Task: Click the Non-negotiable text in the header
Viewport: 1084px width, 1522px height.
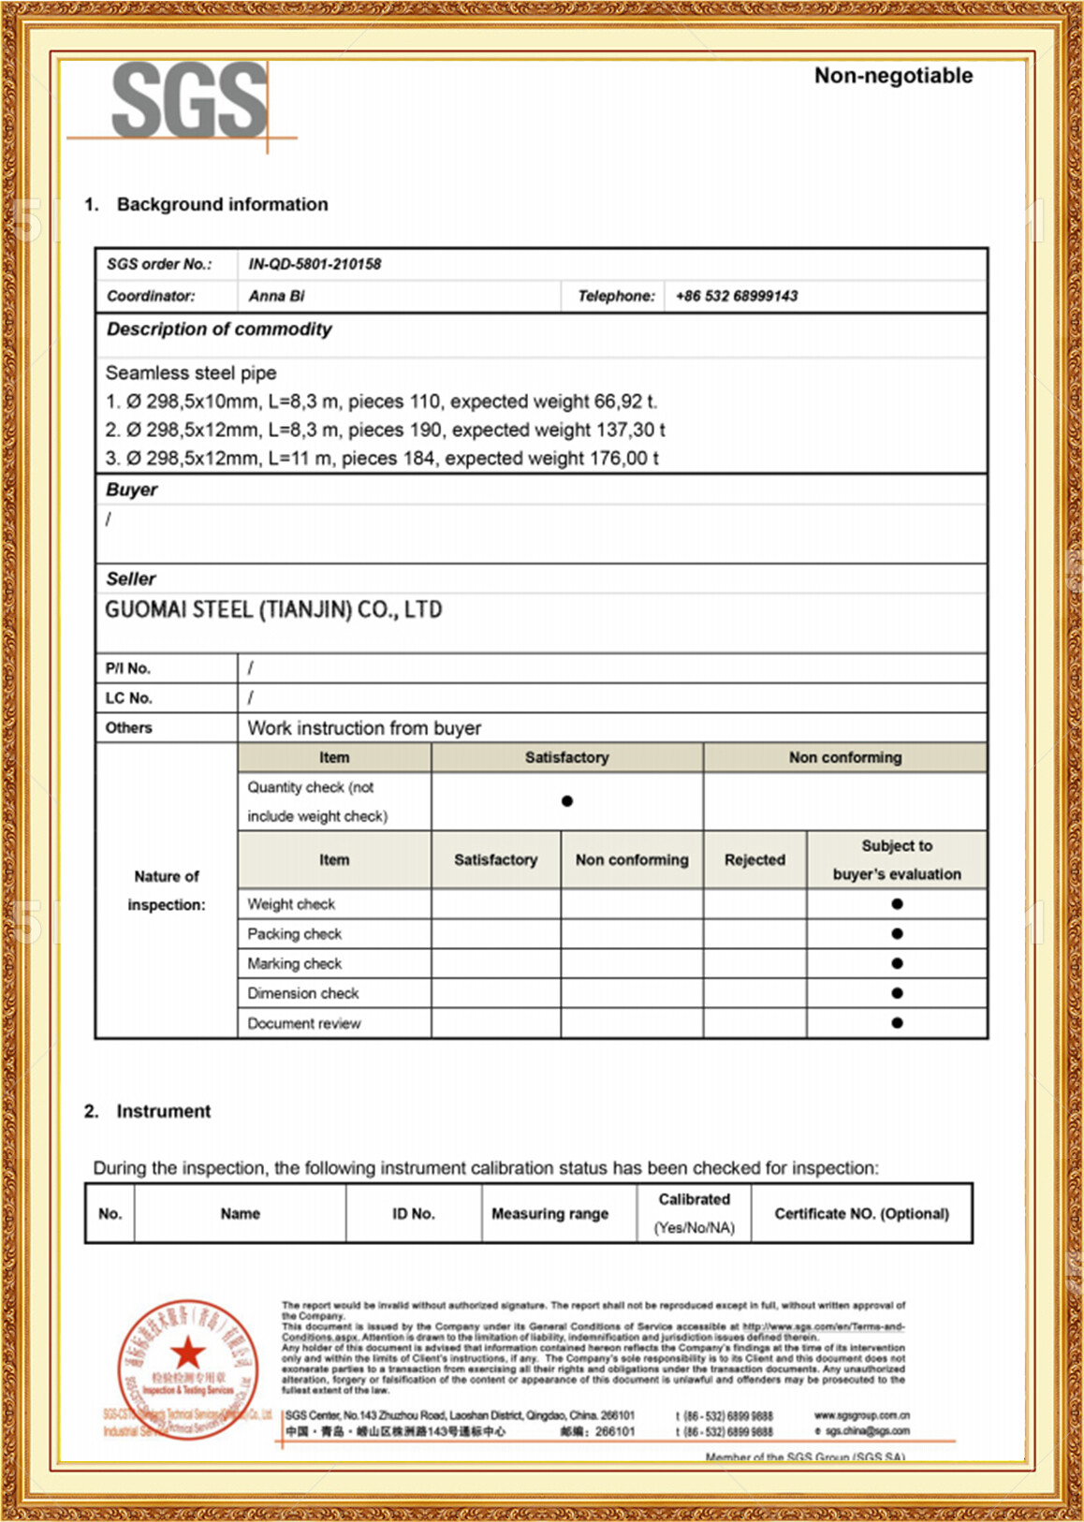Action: tap(893, 76)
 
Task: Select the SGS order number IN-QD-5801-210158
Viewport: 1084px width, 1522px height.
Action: tap(315, 264)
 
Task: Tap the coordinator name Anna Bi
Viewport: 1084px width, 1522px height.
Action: tap(277, 296)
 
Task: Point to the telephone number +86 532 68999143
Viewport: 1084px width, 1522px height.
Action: tap(737, 296)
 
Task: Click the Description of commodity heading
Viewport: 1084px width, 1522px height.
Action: tap(219, 329)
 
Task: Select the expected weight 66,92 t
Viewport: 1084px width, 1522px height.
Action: tap(625, 402)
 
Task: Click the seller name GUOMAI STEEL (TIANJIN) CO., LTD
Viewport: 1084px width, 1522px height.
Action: tap(273, 610)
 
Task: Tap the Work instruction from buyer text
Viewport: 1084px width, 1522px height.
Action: tap(364, 728)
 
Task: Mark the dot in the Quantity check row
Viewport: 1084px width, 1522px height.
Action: tap(567, 801)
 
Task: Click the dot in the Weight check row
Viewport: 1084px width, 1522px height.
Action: tap(897, 904)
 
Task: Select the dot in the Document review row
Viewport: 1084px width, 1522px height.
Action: tap(897, 1023)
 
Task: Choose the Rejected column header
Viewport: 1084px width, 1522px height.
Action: tap(754, 859)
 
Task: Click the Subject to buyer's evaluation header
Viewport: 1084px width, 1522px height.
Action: tap(897, 859)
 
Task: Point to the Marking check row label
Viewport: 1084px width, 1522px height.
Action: tap(295, 963)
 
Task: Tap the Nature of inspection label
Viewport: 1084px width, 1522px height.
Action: tap(167, 890)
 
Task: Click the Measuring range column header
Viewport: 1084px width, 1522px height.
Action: tap(549, 1214)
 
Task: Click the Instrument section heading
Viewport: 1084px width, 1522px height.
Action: tap(163, 1111)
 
